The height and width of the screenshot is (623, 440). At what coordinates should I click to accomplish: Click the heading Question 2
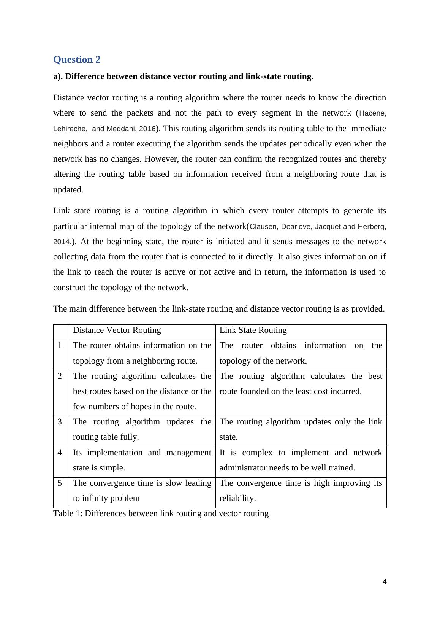(x=77, y=60)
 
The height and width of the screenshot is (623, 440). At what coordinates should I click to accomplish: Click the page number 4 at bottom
(x=385, y=582)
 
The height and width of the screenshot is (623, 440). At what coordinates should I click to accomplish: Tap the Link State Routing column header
(x=253, y=330)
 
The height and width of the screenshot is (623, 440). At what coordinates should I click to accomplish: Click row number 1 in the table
(x=60, y=345)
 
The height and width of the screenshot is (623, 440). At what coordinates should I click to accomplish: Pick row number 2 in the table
(x=60, y=376)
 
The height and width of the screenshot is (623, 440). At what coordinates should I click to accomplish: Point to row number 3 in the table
(x=60, y=422)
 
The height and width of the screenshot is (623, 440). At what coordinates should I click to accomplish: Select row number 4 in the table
(x=60, y=453)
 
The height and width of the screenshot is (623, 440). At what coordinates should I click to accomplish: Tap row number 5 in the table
(x=60, y=483)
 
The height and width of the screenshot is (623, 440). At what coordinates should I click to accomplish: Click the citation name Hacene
(x=372, y=113)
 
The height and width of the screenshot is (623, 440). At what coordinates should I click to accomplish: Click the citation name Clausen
(x=263, y=227)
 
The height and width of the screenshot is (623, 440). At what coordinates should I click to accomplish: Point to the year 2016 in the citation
(x=147, y=129)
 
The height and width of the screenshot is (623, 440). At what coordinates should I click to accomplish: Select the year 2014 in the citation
(x=61, y=242)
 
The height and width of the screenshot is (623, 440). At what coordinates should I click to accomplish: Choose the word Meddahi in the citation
(x=122, y=129)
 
